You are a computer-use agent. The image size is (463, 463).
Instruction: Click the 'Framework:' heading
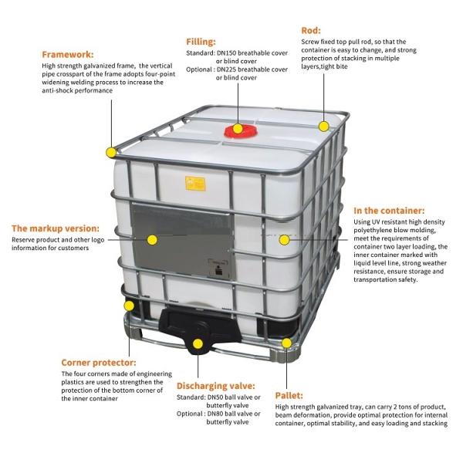pos(68,55)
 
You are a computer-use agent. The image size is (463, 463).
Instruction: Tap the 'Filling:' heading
pos(201,42)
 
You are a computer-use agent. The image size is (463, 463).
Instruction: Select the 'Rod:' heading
pos(311,30)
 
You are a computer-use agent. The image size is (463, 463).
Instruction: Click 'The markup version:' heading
pos(55,228)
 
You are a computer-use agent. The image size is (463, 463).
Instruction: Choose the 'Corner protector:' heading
pos(99,362)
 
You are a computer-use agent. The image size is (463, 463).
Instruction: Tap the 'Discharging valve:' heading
pos(215,385)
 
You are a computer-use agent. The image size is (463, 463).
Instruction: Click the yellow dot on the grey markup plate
pos(152,240)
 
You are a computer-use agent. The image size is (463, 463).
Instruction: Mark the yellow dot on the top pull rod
pos(324,123)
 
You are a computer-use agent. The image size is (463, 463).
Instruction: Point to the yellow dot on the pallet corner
pos(287,342)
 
